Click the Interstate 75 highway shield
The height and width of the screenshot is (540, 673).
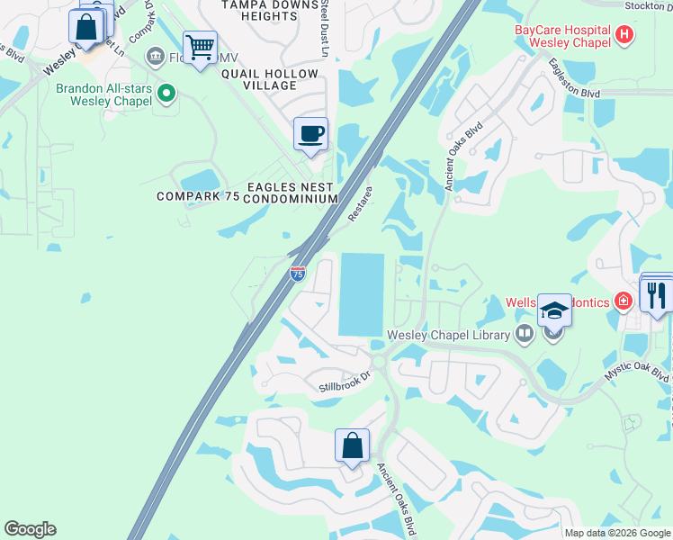coord(298,273)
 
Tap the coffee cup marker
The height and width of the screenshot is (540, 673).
coord(311,135)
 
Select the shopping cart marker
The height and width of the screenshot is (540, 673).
coord(200,46)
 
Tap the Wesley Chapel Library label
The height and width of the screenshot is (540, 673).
coord(448,335)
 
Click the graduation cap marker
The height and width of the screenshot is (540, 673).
coord(555,312)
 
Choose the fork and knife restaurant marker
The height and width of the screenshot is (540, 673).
coord(657,294)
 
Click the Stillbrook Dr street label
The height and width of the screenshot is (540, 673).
coord(345,382)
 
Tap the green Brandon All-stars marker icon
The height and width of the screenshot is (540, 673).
coord(166,93)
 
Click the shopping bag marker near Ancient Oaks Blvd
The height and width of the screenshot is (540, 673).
coord(352,445)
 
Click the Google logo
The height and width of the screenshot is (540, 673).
coord(30,529)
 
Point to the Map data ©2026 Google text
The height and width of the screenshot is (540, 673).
coord(617,533)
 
